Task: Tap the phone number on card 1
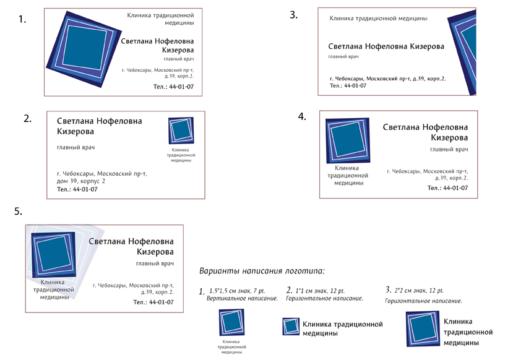tap(173, 87)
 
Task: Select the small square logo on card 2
tap(181, 131)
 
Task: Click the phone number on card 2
tap(77, 189)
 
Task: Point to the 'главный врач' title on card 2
tap(75, 147)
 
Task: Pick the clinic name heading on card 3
tap(379, 19)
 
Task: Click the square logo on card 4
tap(347, 140)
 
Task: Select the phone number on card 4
tap(447, 188)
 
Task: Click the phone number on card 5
tap(153, 302)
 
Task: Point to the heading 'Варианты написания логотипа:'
tap(262, 271)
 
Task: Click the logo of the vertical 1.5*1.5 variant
tap(231, 322)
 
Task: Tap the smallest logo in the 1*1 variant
tap(291, 327)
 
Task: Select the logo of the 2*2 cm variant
tap(423, 328)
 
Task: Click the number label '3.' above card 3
tap(294, 15)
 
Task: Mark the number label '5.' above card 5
tap(18, 212)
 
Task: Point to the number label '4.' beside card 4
tap(302, 116)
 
